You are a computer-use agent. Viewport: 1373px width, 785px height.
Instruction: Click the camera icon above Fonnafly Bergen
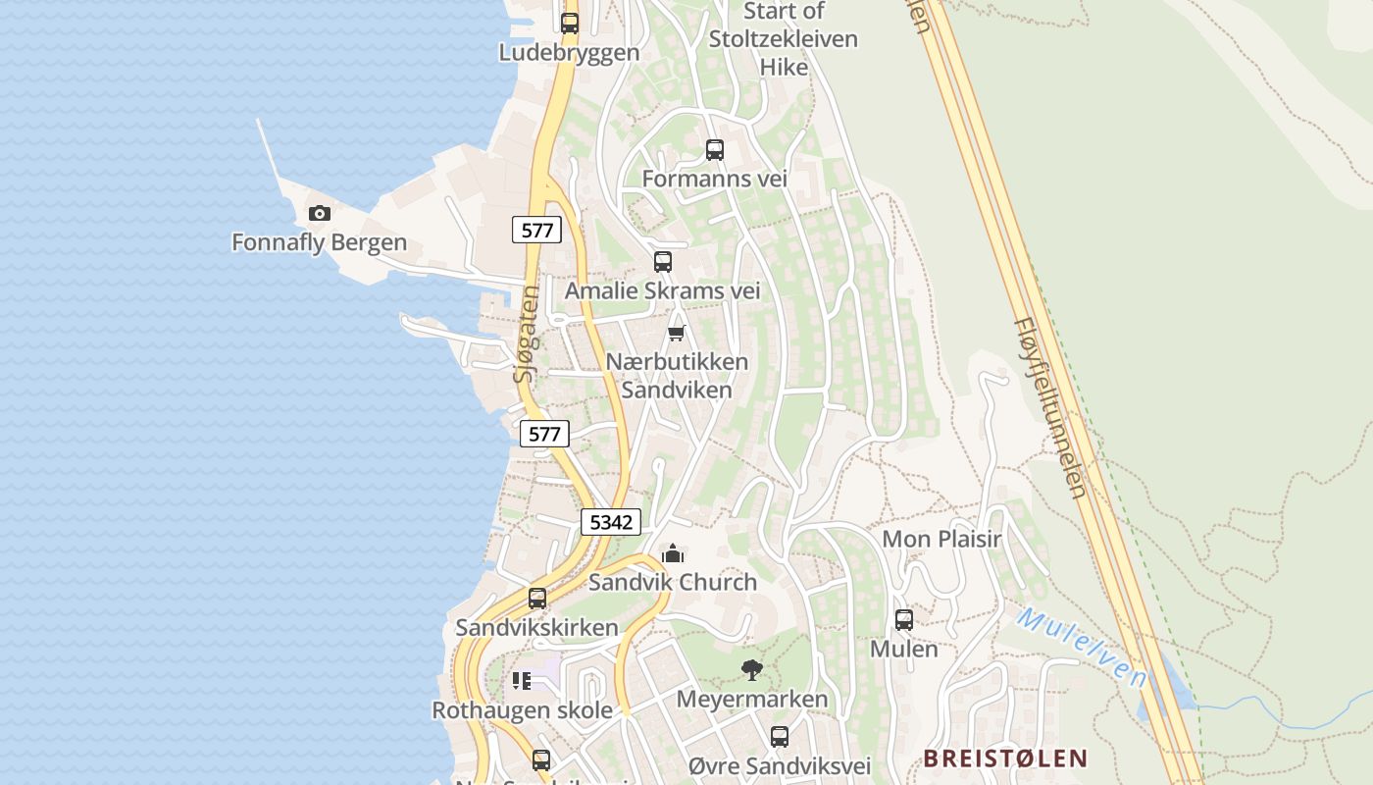[319, 213]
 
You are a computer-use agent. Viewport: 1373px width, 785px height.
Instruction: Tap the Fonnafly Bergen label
[319, 241]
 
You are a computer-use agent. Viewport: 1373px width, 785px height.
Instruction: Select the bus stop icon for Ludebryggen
[570, 24]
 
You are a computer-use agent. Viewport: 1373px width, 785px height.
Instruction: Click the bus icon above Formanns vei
[715, 150]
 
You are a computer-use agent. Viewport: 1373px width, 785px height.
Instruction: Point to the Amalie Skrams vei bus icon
[663, 262]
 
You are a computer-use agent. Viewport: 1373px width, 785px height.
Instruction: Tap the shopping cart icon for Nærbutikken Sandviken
[676, 334]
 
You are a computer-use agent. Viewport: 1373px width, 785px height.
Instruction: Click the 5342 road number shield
[612, 522]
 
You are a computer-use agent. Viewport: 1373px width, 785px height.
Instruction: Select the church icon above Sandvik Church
[672, 554]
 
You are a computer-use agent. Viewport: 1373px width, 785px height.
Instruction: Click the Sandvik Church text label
[673, 582]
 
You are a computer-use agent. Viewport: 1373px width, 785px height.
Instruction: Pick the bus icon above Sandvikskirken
[537, 599]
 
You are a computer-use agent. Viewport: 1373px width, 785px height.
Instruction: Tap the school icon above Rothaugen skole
[522, 681]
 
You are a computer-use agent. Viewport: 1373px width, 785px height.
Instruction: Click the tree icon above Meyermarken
[752, 670]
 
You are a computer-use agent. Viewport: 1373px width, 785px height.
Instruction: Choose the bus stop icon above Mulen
[904, 620]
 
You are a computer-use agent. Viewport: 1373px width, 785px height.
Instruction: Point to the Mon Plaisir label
[941, 539]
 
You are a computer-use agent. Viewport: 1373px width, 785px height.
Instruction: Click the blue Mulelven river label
[1082, 648]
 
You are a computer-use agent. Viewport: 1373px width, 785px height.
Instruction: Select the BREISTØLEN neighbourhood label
[1005, 758]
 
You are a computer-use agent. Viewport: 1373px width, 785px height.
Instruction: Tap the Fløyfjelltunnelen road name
[1050, 406]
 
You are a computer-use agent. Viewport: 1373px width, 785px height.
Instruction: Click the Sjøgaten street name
[528, 334]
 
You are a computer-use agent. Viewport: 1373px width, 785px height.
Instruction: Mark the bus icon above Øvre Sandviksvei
[780, 737]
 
